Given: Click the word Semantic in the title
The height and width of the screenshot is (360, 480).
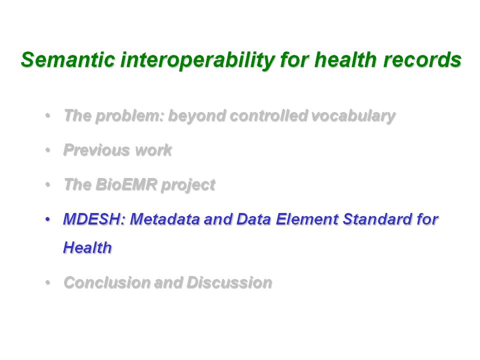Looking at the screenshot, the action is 68,59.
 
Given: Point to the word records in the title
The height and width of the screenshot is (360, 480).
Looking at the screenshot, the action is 422,59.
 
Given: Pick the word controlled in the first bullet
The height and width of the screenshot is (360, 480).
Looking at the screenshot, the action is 268,115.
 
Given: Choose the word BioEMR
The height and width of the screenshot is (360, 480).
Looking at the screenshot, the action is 126,184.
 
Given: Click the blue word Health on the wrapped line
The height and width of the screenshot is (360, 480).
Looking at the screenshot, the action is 87,247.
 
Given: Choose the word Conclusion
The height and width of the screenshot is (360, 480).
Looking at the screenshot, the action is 107,282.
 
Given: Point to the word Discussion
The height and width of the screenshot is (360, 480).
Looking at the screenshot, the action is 229,282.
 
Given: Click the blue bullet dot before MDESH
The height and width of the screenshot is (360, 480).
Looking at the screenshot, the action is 47,219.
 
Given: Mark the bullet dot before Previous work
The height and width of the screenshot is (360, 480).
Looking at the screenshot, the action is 47,150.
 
